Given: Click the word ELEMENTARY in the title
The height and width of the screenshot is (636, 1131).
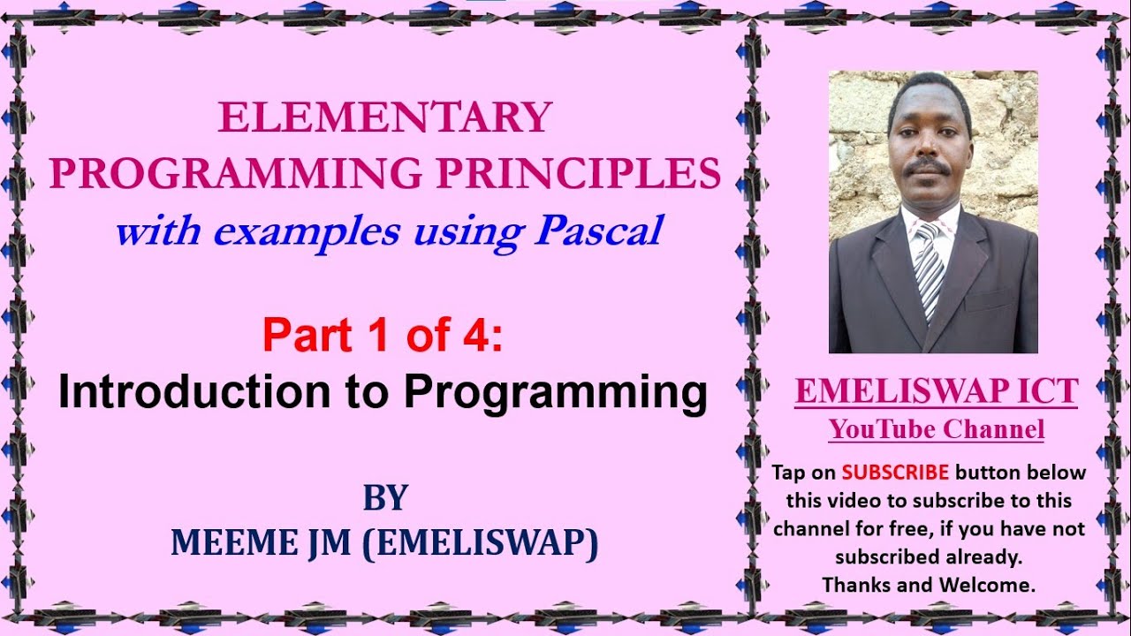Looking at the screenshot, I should (x=385, y=117).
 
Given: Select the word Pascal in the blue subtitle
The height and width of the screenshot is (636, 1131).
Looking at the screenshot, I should (x=599, y=231).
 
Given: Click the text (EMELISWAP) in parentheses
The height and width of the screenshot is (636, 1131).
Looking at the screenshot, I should (x=480, y=543).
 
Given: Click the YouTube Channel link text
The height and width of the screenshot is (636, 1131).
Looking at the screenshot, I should (x=936, y=430).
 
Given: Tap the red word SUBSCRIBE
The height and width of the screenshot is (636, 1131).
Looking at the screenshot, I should (x=895, y=472).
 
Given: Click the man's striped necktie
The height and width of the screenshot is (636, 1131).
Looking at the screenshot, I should (x=930, y=269).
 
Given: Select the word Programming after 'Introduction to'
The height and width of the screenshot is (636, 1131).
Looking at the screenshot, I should (x=555, y=393).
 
